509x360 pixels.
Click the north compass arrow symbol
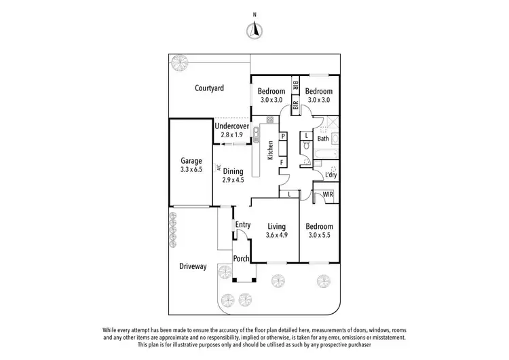point(254,29)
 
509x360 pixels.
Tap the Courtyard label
point(209,88)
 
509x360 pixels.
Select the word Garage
point(191,161)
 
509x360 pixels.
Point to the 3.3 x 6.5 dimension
point(191,170)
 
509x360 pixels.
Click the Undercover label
point(232,126)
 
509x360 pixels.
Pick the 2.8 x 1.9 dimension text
point(232,134)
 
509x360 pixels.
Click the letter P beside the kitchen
point(282,137)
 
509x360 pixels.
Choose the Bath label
point(323,139)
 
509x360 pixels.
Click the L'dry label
point(331,175)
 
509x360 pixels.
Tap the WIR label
point(328,195)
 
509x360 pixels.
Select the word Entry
point(243,225)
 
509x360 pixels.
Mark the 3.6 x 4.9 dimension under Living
point(276,236)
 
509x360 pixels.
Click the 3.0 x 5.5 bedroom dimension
point(318,236)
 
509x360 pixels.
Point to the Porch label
point(241,259)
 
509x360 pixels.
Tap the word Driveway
point(193,266)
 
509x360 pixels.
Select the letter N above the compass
point(254,14)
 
